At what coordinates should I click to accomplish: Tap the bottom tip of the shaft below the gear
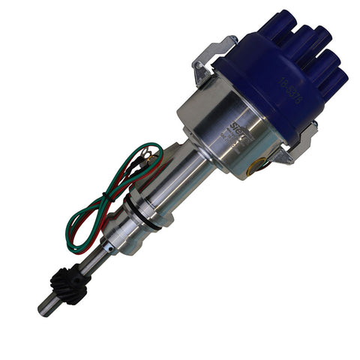[x=43, y=308]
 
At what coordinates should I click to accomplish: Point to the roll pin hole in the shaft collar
[x=110, y=244]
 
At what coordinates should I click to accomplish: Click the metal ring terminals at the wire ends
[x=149, y=159]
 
